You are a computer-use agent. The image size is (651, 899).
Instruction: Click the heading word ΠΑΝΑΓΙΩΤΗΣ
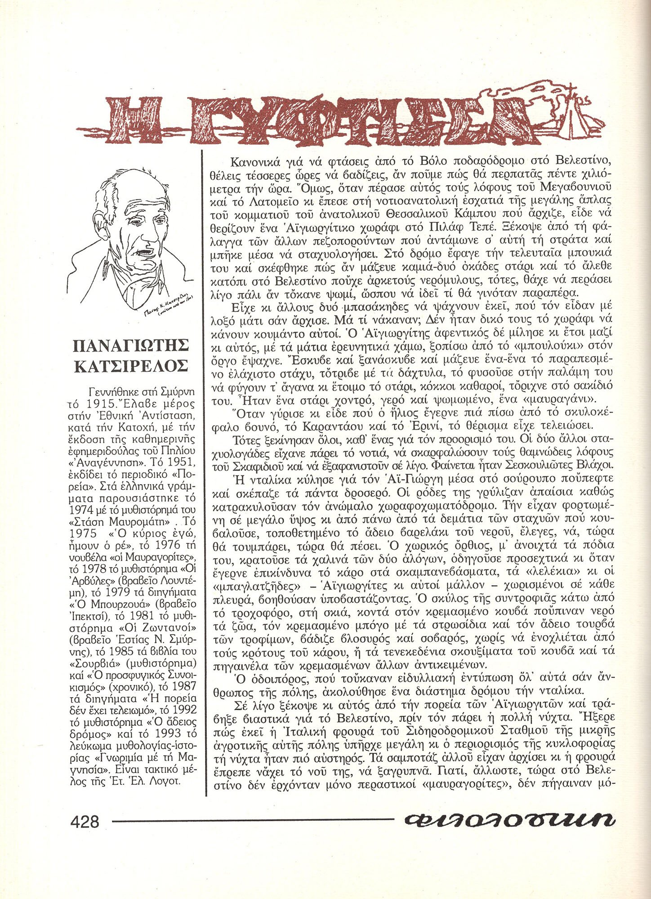tap(131, 346)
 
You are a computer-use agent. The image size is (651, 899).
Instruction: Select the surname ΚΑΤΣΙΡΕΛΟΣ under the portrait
tap(131, 367)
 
